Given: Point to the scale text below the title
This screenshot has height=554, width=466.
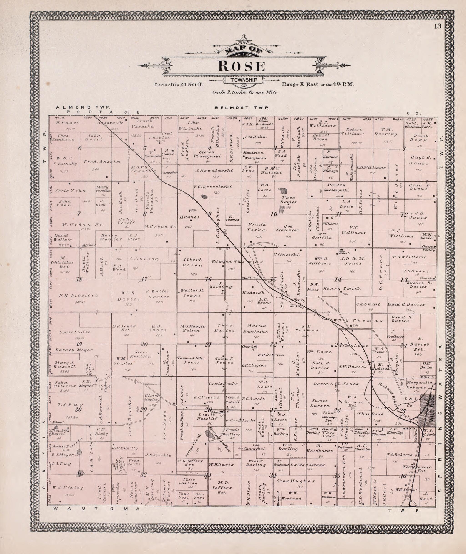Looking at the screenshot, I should coord(244,93).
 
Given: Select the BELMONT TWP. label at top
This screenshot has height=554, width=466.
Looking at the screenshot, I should coord(241,108).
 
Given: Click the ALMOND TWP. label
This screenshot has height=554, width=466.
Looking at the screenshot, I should coord(83,107).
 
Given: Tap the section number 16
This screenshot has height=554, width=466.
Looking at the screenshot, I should coord(208,279).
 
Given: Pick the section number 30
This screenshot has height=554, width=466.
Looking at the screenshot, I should coord(78,410).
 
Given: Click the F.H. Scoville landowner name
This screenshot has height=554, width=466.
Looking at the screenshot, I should coord(78,296).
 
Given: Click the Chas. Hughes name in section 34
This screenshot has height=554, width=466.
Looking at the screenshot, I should coord(296,481).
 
